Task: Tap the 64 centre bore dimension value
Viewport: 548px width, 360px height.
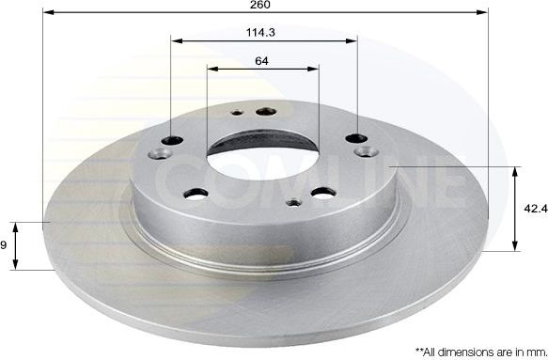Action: [261, 60]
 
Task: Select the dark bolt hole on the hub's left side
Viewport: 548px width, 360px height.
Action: [171, 140]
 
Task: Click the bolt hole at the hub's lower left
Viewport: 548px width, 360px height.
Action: [196, 195]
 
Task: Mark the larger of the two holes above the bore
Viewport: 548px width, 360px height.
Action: [261, 109]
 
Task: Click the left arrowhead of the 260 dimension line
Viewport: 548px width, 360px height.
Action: [49, 13]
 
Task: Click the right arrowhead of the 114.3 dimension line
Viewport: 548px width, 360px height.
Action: [353, 40]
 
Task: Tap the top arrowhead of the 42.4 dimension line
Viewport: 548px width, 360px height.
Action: [515, 171]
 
